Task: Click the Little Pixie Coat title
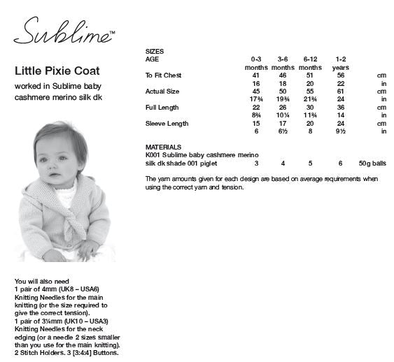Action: pos(57,71)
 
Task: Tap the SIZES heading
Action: pos(154,52)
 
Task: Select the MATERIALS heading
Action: pos(163,147)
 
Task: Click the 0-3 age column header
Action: pos(256,59)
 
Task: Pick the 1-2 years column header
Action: pos(341,59)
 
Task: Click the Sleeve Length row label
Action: pos(167,124)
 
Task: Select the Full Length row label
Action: pos(162,108)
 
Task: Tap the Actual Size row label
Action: pos(162,92)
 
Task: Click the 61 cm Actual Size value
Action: pos(341,92)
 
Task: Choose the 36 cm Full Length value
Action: pos(341,108)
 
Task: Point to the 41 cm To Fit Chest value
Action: pos(256,75)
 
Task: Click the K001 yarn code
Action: pos(153,155)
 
